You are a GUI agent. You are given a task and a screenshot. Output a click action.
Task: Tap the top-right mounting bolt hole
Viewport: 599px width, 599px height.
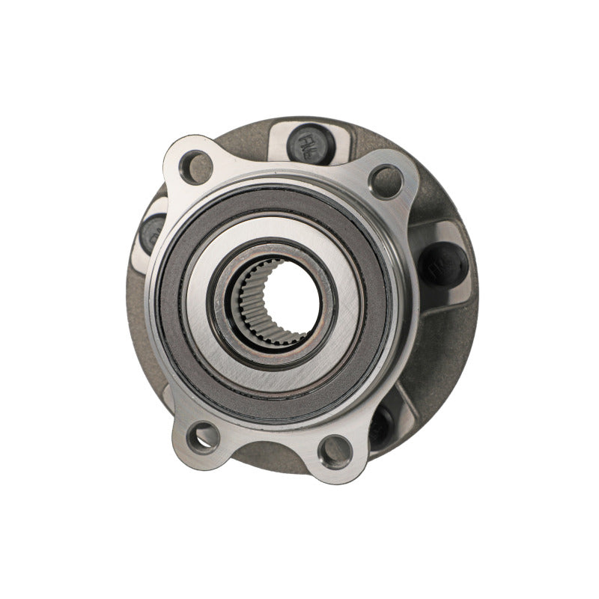click(x=387, y=180)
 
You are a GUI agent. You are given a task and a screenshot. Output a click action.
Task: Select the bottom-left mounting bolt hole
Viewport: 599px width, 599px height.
click(x=204, y=436)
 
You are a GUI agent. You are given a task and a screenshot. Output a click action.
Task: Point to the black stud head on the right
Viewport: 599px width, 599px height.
click(x=443, y=264)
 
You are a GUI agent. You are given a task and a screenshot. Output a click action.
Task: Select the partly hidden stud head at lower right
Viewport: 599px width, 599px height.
click(x=381, y=425)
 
